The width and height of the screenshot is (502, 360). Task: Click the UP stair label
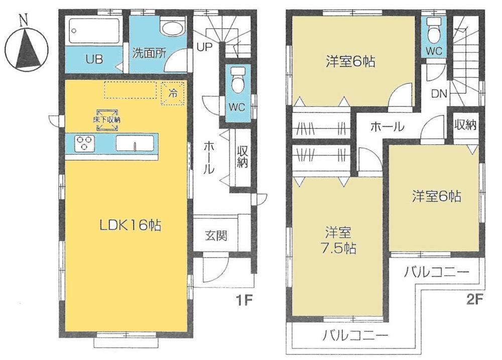pos(204,47)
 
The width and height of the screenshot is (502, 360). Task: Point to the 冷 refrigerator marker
pos(172,93)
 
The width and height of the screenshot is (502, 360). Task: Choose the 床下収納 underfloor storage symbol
pos(106,120)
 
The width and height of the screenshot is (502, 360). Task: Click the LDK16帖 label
pos(129,226)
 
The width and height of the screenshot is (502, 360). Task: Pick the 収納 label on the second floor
pos(465,125)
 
